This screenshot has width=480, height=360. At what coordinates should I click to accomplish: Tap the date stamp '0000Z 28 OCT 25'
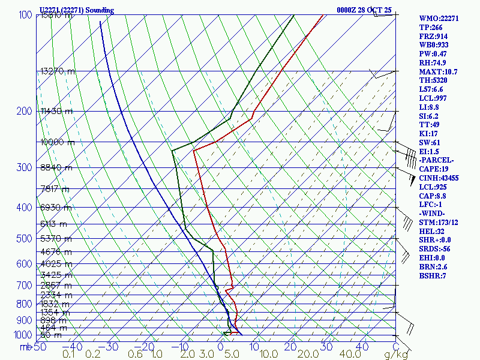(x=364, y=10)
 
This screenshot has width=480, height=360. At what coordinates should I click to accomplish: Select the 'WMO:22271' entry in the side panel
(x=439, y=19)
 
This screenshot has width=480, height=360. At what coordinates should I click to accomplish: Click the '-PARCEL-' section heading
(x=437, y=160)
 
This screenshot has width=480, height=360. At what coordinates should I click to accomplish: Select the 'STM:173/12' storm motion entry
(x=439, y=223)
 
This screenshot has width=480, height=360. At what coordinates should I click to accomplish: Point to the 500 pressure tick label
(x=24, y=239)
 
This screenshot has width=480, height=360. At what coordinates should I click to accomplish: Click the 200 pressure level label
(x=24, y=111)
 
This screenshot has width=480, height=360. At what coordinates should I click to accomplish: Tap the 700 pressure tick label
(x=24, y=286)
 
